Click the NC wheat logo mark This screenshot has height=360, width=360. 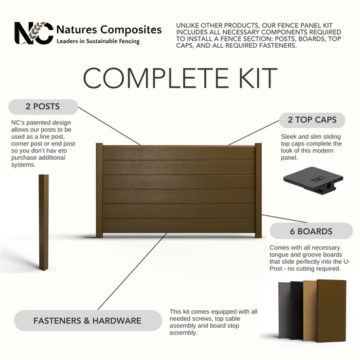34,33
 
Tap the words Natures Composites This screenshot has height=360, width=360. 109,30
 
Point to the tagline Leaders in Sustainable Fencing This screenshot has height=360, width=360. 98,41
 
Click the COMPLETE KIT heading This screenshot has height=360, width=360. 180,78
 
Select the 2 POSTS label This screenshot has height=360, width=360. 43,107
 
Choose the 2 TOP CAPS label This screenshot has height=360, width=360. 312,120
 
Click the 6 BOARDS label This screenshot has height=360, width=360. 311,231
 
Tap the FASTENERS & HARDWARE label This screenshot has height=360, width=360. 88,321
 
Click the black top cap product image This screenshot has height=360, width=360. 313,180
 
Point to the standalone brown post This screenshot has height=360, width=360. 44,223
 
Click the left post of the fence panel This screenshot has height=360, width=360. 99,190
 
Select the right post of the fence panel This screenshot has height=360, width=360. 259,190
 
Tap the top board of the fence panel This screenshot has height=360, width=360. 179,153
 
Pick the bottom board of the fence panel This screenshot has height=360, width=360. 179,226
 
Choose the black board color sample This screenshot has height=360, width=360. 297,310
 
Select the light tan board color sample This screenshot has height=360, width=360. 310,310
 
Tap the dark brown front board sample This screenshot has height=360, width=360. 331,311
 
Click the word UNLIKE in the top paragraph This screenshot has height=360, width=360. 188,26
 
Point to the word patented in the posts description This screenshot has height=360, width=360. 39,122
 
